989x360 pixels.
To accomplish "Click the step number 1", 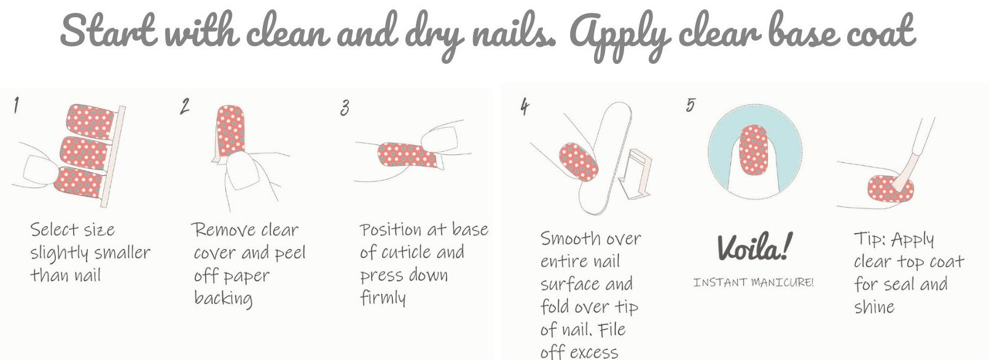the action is tap(17, 105).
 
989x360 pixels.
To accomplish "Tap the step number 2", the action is tap(184, 106).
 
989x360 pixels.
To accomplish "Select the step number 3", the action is tap(345, 108).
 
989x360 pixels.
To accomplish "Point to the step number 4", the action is tap(525, 106).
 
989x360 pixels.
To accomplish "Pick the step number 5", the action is tap(690, 104).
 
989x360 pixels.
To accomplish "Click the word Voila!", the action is tap(754, 246).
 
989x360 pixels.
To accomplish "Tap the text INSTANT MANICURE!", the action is tap(753, 282).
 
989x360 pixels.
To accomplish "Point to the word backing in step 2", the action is tap(224, 299).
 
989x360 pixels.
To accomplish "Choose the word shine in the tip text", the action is tap(874, 307).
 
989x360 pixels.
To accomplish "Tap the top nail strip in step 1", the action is tap(90, 119).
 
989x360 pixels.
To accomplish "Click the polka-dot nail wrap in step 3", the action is tap(407, 155).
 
